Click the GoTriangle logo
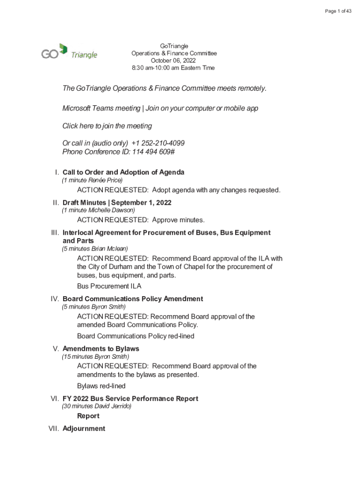[x=69, y=52]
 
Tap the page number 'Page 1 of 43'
[x=338, y=11]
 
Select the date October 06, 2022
[x=173, y=61]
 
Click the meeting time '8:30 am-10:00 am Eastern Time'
[x=173, y=68]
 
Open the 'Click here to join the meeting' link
[x=107, y=126]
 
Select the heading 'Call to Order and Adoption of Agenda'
[x=123, y=172]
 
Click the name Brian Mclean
[x=110, y=248]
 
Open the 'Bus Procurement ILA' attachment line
[x=109, y=286]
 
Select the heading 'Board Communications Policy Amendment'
[x=133, y=298]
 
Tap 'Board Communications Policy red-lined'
[x=136, y=336]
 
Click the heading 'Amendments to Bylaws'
[x=101, y=348]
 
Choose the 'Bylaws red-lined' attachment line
[x=101, y=386]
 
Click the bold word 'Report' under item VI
[x=88, y=416]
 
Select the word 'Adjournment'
[x=84, y=428]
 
